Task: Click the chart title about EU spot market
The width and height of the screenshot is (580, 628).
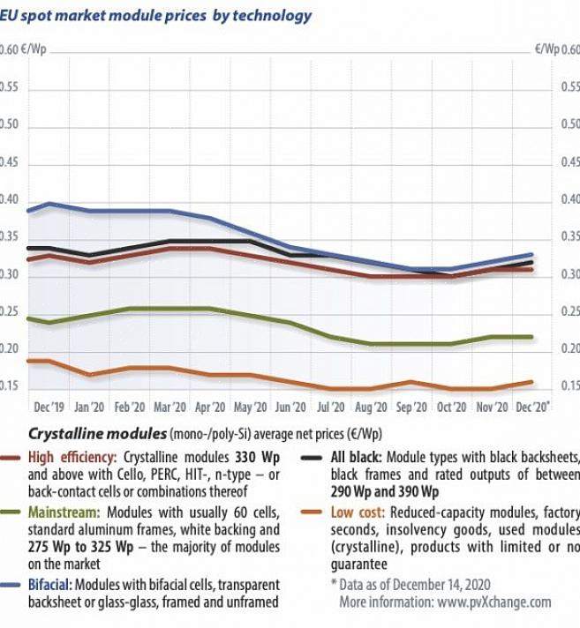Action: click(x=155, y=16)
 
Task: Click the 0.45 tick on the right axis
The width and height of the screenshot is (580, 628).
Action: click(x=569, y=164)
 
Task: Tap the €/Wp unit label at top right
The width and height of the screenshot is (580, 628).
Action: click(x=546, y=49)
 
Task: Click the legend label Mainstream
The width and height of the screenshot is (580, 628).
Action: click(x=63, y=512)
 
